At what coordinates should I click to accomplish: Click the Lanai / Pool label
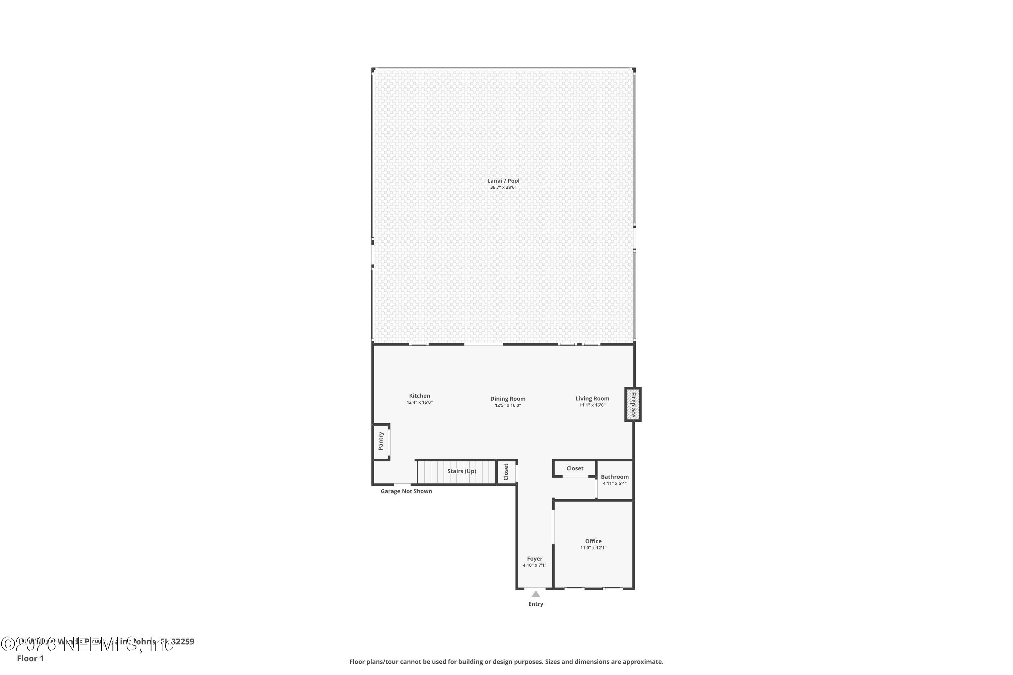pos(503,181)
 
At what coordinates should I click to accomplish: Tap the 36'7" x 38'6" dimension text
pos(503,188)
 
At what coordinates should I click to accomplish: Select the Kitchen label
pos(419,396)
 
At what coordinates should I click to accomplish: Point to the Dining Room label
pos(508,399)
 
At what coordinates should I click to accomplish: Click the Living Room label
pos(592,399)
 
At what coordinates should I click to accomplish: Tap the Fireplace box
pos(633,404)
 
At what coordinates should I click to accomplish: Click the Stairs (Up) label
pos(462,471)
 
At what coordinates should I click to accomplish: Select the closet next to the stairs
pos(506,472)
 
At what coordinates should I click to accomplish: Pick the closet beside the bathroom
pos(575,468)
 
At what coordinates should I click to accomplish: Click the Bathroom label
pos(615,477)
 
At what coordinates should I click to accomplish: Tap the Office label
pos(593,541)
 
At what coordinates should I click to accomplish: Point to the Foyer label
pos(535,559)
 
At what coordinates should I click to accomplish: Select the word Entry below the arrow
pos(536,604)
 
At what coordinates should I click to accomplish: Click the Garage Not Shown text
pos(406,491)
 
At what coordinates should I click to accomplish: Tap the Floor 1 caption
pos(30,658)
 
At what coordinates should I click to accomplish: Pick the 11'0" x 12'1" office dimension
pos(593,548)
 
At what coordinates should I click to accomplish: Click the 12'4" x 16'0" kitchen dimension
pos(419,403)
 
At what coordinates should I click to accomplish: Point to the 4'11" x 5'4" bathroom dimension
pos(615,483)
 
